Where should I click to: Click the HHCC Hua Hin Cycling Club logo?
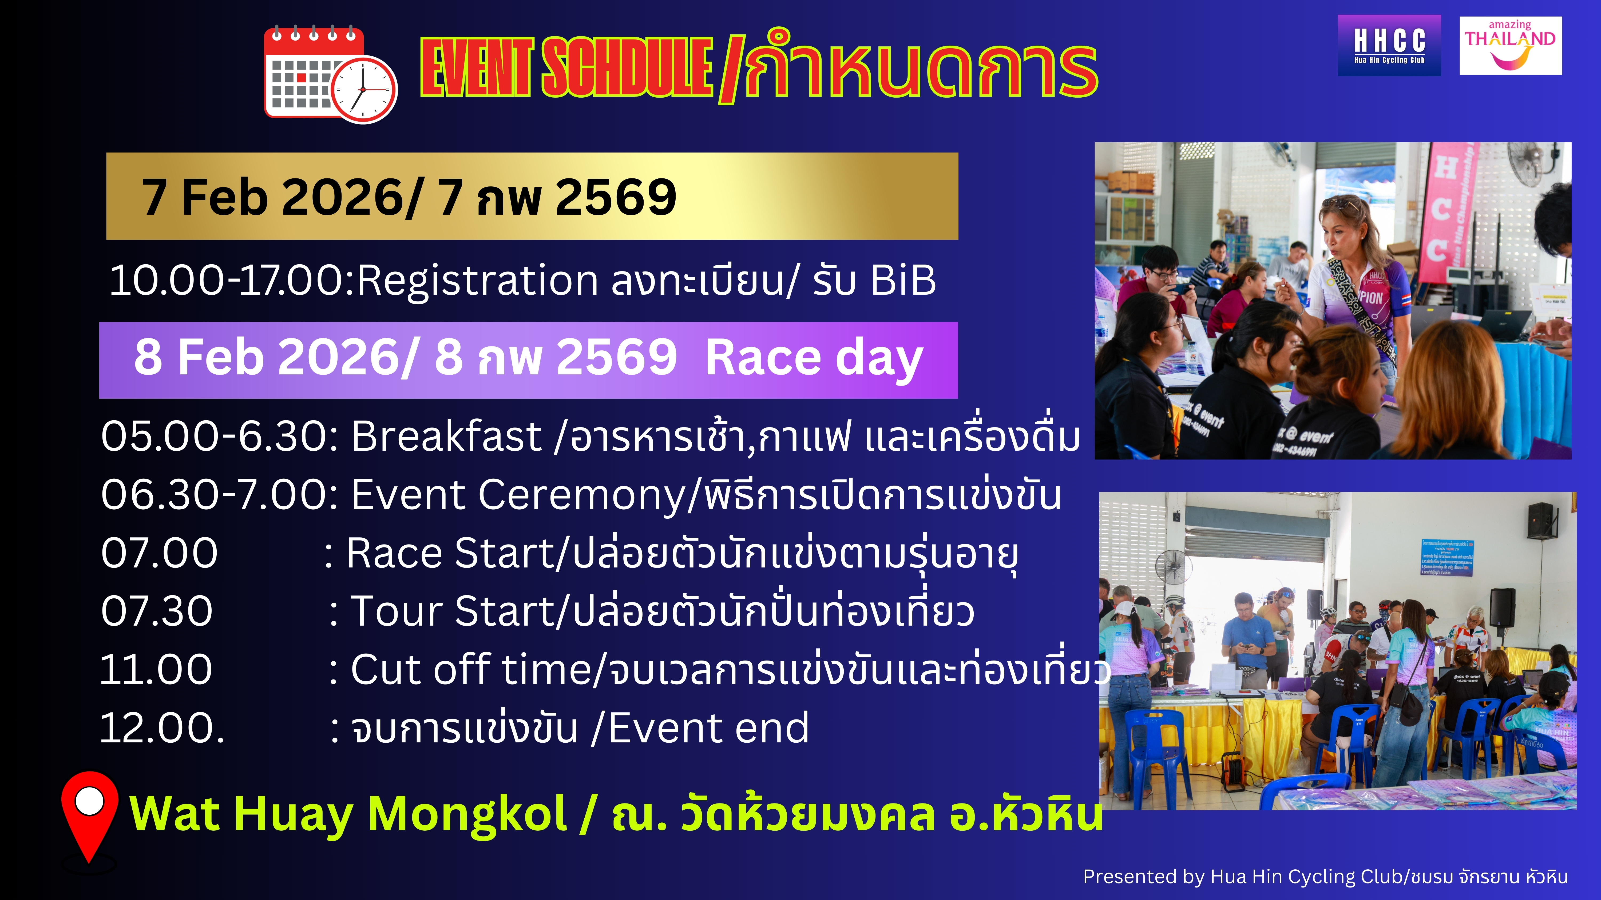click(x=1389, y=45)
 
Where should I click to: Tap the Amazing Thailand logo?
click(x=1510, y=45)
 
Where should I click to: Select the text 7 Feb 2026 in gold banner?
click(x=281, y=197)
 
